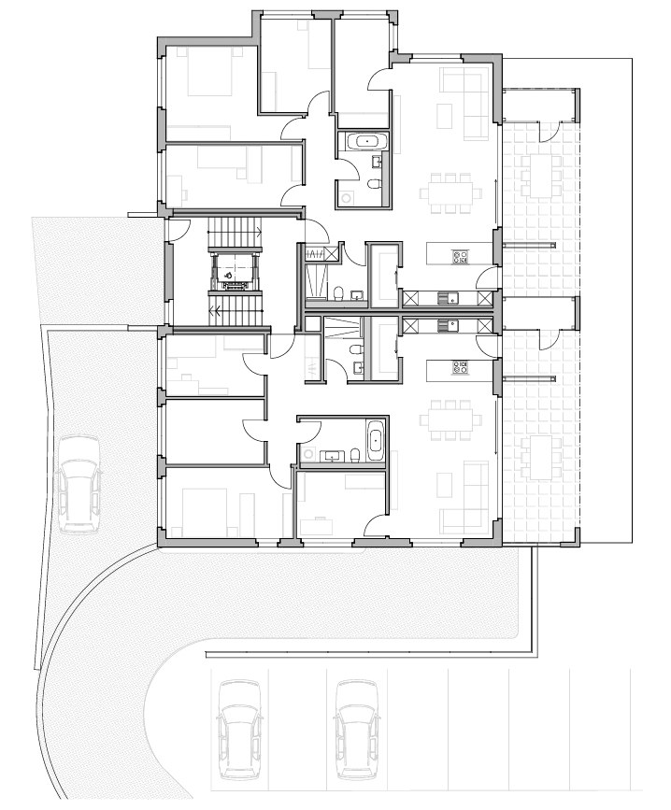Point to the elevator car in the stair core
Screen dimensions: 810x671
[231, 272]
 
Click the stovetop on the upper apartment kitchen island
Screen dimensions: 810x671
[460, 254]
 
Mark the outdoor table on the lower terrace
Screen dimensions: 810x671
[540, 455]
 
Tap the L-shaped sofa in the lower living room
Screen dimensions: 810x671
[466, 499]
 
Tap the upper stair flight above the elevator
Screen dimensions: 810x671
[231, 229]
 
